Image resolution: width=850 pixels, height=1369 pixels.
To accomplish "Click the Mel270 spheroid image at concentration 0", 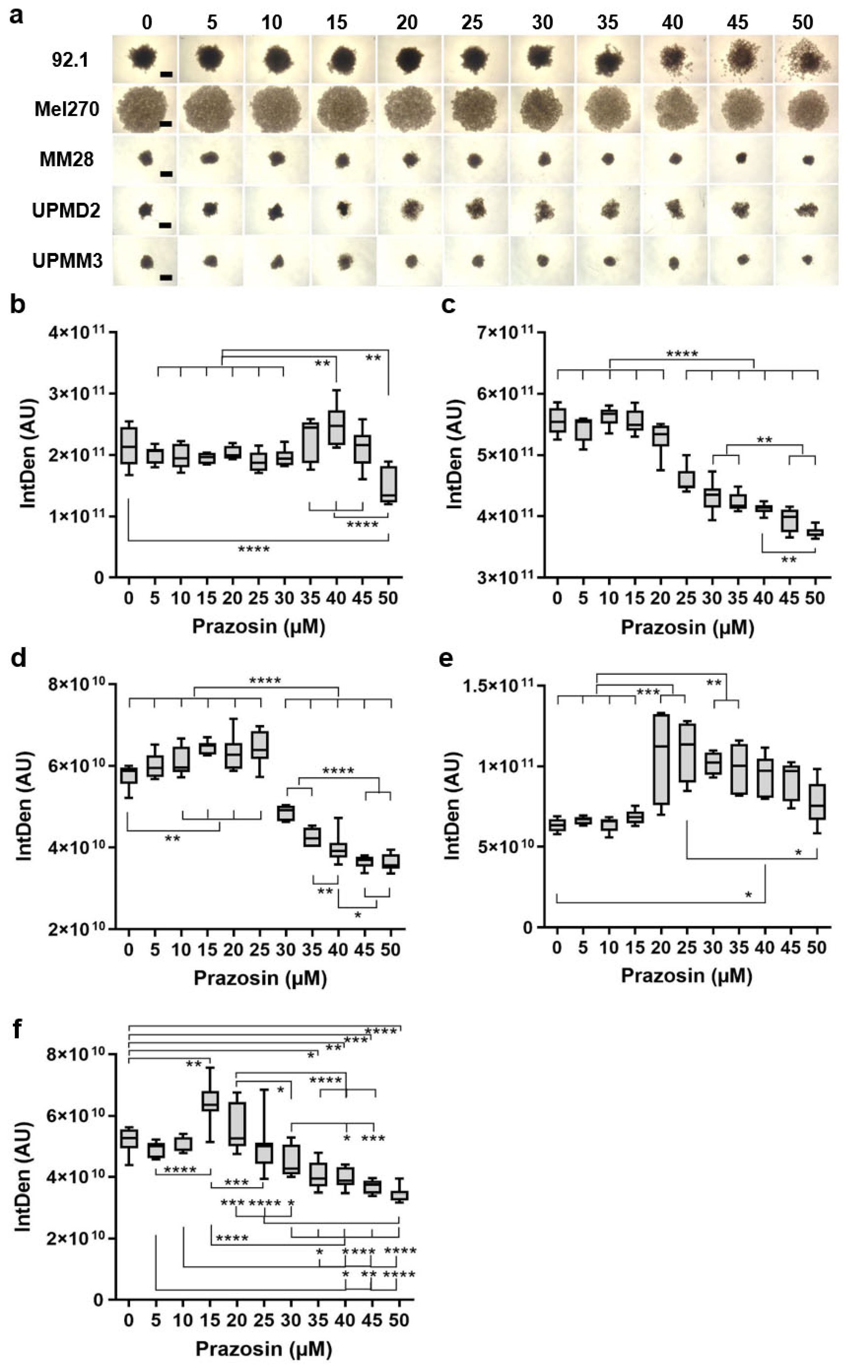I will (144, 110).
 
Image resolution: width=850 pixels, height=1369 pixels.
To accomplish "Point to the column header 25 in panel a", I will (472, 23).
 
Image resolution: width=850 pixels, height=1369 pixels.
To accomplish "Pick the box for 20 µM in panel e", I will (661, 759).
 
